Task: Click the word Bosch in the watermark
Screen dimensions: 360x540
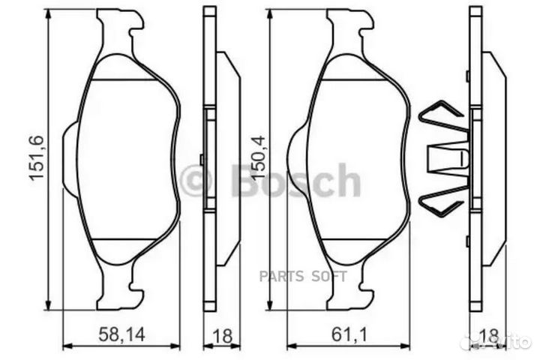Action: (296, 181)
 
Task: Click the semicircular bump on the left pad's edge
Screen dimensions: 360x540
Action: (68, 159)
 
